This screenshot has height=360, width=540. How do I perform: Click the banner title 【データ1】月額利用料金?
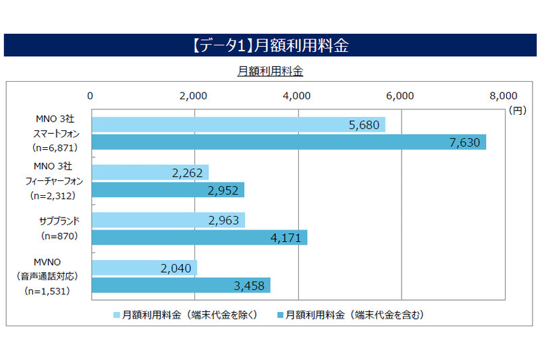(269, 45)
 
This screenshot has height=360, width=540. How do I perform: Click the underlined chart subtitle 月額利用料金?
(269, 70)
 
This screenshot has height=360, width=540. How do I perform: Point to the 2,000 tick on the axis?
(194, 95)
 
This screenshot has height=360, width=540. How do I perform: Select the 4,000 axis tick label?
(297, 95)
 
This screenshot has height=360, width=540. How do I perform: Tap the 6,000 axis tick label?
(400, 95)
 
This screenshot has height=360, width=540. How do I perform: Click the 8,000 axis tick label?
(504, 95)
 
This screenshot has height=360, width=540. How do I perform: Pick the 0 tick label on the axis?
(90, 95)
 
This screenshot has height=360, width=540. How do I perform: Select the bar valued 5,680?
(238, 124)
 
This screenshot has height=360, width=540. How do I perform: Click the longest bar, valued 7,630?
(288, 142)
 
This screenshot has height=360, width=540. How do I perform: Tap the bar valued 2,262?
(149, 172)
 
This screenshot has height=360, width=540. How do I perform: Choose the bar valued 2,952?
(167, 190)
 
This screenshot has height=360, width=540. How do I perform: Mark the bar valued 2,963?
(167, 220)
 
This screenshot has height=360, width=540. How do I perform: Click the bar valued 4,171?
(198, 237)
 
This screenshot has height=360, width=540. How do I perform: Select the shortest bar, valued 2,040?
(143, 267)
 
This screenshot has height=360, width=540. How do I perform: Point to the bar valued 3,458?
(180, 285)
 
